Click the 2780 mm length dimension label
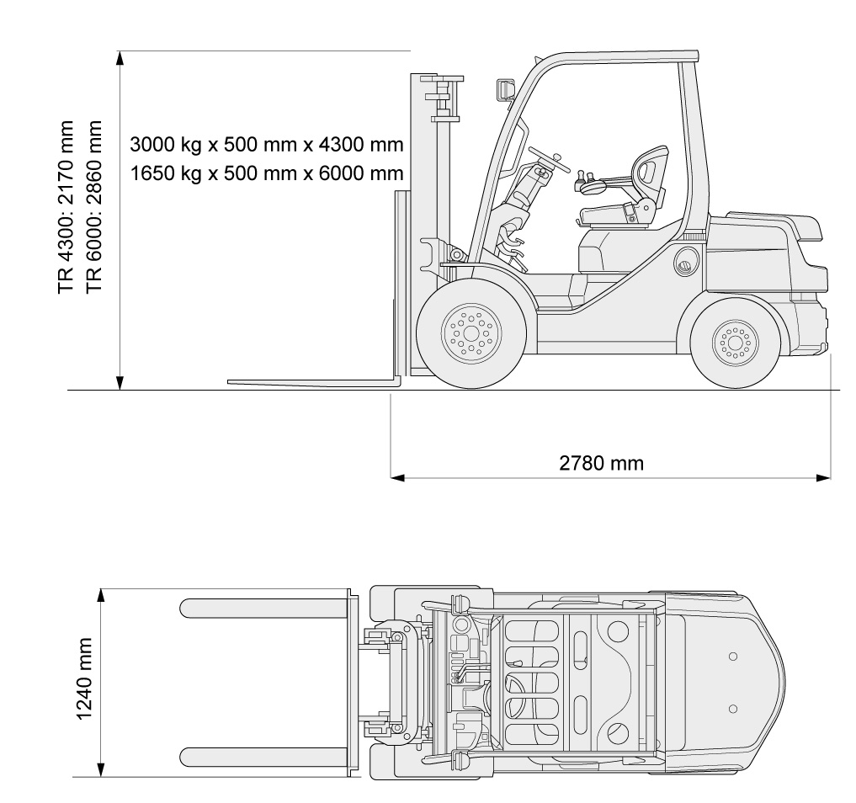[601, 464]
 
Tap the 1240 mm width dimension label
[83, 678]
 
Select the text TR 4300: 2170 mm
[66, 207]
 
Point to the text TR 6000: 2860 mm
[94, 206]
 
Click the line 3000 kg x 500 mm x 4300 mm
[267, 145]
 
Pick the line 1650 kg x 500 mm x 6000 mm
[267, 173]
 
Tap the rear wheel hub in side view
[735, 343]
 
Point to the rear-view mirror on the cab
[506, 90]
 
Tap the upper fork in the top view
[263, 608]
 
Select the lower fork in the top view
[263, 757]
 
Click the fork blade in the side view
[313, 381]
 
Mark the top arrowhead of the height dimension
[120, 58]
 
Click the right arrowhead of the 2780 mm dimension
[824, 477]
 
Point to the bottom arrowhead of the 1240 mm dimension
[100, 769]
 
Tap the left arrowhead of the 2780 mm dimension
[397, 477]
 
